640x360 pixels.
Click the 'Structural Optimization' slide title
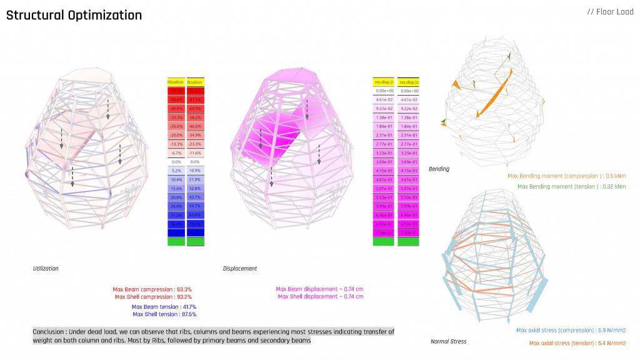74,15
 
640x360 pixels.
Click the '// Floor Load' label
610,12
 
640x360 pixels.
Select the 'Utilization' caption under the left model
46,268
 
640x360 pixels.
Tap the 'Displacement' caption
239,269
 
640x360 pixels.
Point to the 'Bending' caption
439,169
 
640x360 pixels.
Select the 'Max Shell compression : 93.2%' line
152,297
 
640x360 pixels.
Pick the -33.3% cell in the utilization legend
176,117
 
